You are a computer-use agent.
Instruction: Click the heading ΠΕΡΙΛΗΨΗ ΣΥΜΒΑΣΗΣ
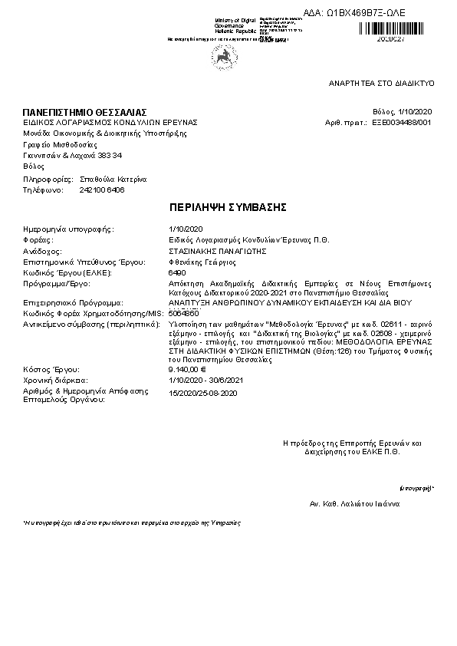click(227, 208)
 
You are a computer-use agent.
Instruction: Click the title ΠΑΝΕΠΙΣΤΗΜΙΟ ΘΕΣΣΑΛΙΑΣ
click(84, 113)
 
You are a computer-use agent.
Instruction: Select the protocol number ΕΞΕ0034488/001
click(402, 122)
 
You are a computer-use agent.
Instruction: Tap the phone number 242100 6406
click(101, 189)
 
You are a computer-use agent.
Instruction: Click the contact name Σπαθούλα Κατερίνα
click(113, 179)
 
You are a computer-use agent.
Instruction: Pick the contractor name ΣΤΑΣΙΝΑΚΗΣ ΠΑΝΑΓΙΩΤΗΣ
click(217, 250)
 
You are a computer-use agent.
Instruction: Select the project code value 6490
click(176, 272)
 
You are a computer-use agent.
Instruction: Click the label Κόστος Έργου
click(51, 369)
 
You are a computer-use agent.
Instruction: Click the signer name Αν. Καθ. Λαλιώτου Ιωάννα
click(354, 505)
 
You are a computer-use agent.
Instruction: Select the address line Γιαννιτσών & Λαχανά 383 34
click(72, 155)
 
